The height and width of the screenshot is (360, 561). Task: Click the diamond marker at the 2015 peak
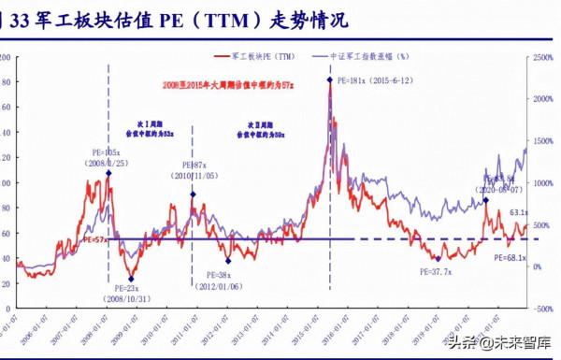click(x=330, y=80)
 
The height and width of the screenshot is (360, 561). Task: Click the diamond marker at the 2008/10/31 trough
click(x=131, y=279)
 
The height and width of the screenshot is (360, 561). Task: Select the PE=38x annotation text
click(x=212, y=276)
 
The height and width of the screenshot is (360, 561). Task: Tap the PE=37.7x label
click(x=437, y=271)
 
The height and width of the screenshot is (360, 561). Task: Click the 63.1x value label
click(x=521, y=212)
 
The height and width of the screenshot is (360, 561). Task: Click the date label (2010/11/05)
click(x=194, y=176)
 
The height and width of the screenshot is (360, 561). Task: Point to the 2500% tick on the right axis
click(x=545, y=58)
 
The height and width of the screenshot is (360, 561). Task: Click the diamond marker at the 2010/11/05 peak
click(x=193, y=194)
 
